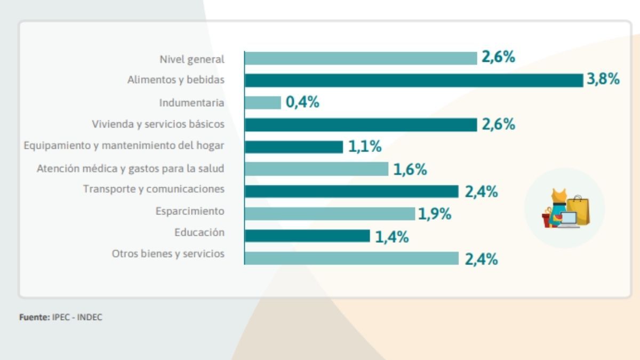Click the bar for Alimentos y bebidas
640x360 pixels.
tap(413, 80)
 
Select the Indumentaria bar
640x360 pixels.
tap(262, 102)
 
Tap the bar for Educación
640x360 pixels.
tap(307, 236)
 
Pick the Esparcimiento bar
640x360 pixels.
tap(330, 214)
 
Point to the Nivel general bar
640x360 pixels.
tap(361, 58)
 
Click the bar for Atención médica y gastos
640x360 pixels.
tap(316, 169)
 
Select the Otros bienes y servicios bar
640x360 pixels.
tap(351, 258)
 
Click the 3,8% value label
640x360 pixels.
tap(603, 80)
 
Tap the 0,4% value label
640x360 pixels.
tap(302, 102)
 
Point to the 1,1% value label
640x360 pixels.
tap(365, 147)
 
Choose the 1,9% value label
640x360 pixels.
tap(435, 214)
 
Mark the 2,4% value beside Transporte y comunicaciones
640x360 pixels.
tap(481, 192)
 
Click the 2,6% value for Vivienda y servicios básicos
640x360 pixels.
tap(499, 125)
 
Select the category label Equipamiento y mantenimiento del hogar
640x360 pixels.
tap(124, 146)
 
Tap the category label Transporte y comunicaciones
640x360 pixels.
tap(154, 189)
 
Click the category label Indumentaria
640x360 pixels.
tap(191, 102)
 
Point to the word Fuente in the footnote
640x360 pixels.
tap(34, 317)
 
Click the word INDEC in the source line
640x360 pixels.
tap(90, 317)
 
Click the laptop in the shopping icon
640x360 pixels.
tap(569, 219)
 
